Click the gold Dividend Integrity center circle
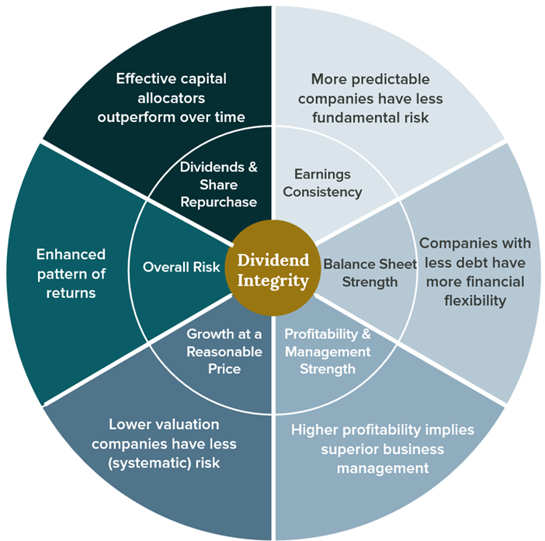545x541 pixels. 272,269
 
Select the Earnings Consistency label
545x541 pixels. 323,182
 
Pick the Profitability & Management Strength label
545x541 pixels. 328,351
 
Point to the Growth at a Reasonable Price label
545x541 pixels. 224,351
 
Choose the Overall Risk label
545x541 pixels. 172,266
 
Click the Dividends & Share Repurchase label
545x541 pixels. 218,185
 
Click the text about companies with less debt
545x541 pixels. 471,272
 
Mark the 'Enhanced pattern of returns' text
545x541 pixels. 71,273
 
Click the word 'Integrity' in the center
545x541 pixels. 272,280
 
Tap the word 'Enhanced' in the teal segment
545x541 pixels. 71,254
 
